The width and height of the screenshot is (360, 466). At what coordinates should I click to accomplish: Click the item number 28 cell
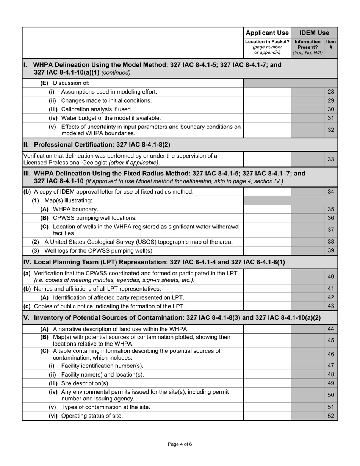point(331,92)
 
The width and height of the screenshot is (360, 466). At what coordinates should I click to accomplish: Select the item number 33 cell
point(331,159)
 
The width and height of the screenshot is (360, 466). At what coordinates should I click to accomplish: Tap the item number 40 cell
point(331,277)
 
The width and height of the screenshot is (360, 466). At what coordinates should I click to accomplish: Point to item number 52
point(331,416)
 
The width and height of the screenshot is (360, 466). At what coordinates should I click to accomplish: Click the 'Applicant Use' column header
point(267,33)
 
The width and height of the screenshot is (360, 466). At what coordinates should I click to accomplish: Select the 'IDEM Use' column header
point(314,33)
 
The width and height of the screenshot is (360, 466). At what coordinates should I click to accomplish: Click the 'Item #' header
point(331,45)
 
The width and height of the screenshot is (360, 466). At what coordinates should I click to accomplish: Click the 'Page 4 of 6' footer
point(180,444)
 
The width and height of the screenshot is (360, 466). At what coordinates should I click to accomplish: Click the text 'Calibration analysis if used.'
point(97,109)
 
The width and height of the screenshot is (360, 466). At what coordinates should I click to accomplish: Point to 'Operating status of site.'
point(92,416)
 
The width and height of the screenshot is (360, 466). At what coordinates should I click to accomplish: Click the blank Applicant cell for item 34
point(267,192)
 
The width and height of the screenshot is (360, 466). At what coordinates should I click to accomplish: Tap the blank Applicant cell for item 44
point(267,329)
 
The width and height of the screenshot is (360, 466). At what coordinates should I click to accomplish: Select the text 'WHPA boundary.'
point(75,209)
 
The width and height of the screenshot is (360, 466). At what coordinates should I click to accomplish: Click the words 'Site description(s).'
point(85,383)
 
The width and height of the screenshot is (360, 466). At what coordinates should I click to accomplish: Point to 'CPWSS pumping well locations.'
point(95,218)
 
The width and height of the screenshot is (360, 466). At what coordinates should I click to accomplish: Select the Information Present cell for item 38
point(307,242)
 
